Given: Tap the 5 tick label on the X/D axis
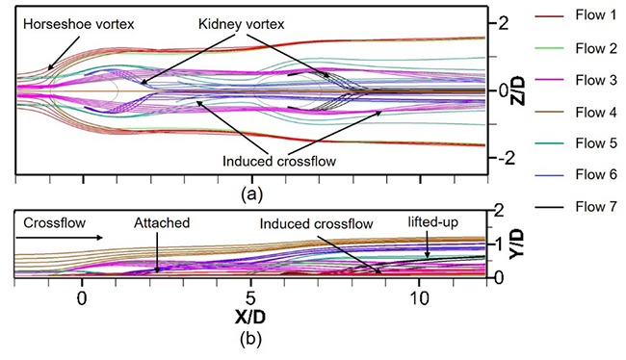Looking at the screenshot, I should pos(250,296).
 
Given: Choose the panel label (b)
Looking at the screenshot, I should pos(250,338).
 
